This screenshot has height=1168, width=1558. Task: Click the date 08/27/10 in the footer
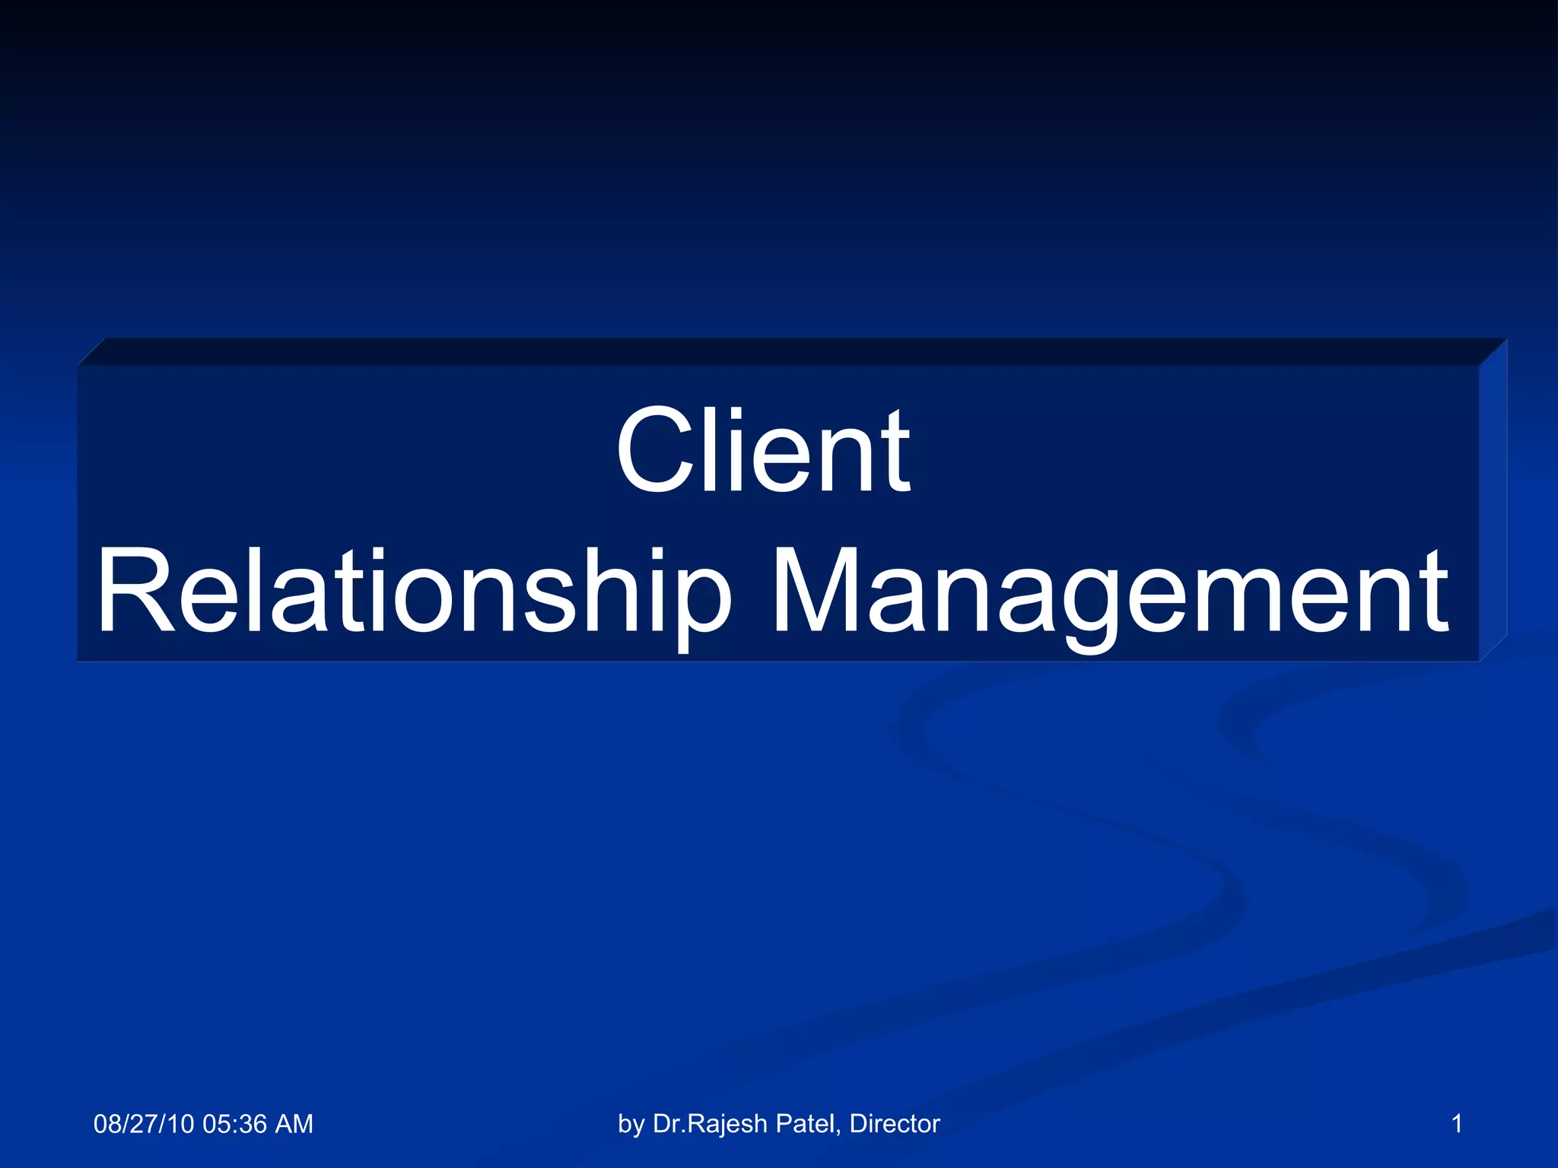[x=144, y=1124]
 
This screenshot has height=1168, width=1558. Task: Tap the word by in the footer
[x=631, y=1124]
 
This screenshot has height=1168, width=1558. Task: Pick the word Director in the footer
[x=895, y=1124]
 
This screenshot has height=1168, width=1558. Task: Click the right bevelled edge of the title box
[x=1493, y=502]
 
